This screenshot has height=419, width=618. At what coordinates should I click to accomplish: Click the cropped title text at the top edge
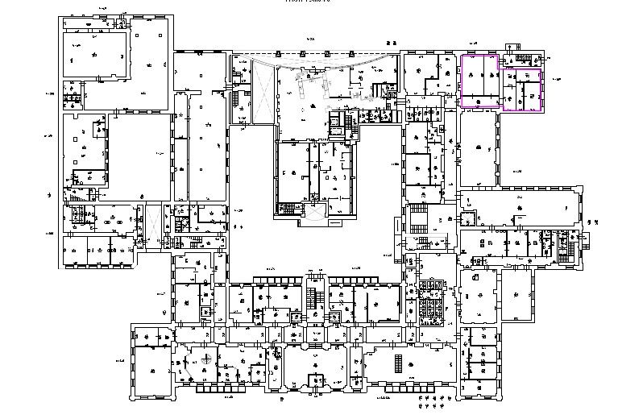[x=308, y=2]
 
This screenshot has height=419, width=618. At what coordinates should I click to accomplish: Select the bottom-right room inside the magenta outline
[x=529, y=96]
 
